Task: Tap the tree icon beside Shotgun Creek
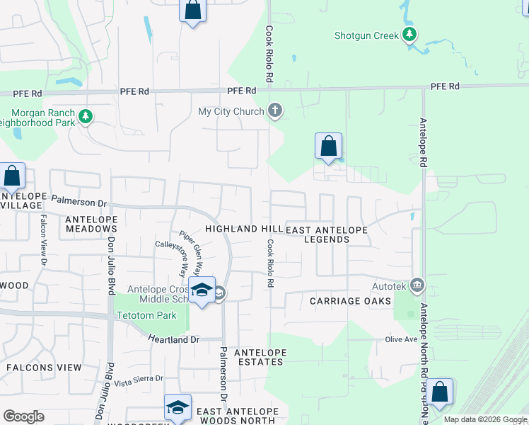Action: (x=409, y=34)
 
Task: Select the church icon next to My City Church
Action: (x=275, y=111)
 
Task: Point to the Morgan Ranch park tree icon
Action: (x=86, y=115)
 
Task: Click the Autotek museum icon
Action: (x=417, y=286)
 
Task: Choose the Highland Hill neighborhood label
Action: (x=243, y=229)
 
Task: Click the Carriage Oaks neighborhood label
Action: (x=350, y=301)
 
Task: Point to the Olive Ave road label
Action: (x=402, y=339)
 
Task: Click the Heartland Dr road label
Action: (x=175, y=340)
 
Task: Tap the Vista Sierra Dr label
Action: (x=139, y=380)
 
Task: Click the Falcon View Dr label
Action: (x=43, y=239)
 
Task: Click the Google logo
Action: (x=23, y=416)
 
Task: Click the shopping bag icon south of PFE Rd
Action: (x=328, y=147)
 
